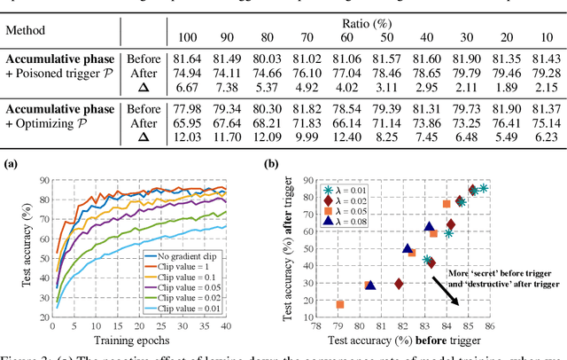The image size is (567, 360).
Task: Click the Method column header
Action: pos(27,30)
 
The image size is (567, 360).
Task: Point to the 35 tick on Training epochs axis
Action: pos(206,329)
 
